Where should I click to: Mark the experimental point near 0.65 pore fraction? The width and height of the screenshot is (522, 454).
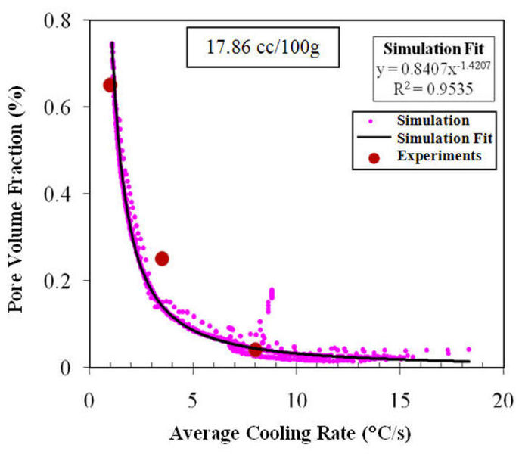pos(110,85)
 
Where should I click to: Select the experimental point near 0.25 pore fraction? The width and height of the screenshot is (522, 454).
pos(161,259)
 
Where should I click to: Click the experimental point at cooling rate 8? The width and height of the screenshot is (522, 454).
pos(256,350)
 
